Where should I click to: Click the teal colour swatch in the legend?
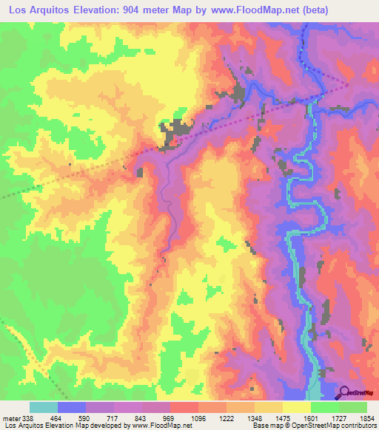44,407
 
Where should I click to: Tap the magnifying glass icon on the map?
344,392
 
